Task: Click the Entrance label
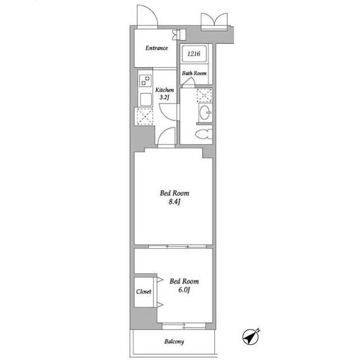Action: (x=156, y=48)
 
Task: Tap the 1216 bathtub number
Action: (x=193, y=54)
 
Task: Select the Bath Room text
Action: (x=194, y=73)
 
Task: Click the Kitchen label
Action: (x=165, y=90)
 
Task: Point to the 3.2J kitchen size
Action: (x=164, y=97)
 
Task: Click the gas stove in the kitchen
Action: (x=146, y=80)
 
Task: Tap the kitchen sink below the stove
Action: (x=146, y=100)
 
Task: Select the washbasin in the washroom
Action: (x=205, y=112)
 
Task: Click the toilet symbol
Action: (x=204, y=134)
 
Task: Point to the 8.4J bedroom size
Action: (x=174, y=202)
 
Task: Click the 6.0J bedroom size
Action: (x=184, y=290)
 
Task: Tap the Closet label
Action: (x=144, y=291)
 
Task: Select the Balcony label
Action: (x=174, y=341)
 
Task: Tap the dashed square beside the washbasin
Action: (x=204, y=95)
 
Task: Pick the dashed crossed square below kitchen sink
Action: (x=145, y=116)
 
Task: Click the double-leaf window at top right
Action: (x=214, y=21)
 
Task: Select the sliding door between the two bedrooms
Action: (x=178, y=247)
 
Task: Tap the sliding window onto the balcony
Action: (x=184, y=326)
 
